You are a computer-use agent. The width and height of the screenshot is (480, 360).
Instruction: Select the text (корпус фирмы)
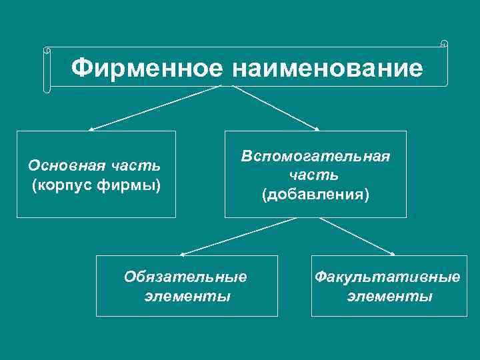click(x=96, y=183)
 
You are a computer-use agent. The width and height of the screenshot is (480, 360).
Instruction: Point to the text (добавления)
click(x=315, y=194)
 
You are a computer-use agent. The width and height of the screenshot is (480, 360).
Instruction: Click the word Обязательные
click(x=185, y=276)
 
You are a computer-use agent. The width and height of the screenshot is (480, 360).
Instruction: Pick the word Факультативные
click(x=387, y=276)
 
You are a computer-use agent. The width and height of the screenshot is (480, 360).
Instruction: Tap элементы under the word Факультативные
click(x=389, y=295)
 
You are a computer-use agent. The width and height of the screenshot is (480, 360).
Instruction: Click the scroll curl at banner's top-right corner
click(x=444, y=45)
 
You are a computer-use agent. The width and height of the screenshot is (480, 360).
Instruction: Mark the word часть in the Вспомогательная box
click(x=315, y=175)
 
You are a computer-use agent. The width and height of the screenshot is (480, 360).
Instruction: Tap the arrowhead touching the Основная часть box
click(x=91, y=129)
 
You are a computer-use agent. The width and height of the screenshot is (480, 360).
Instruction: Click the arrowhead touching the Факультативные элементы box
click(x=393, y=254)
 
